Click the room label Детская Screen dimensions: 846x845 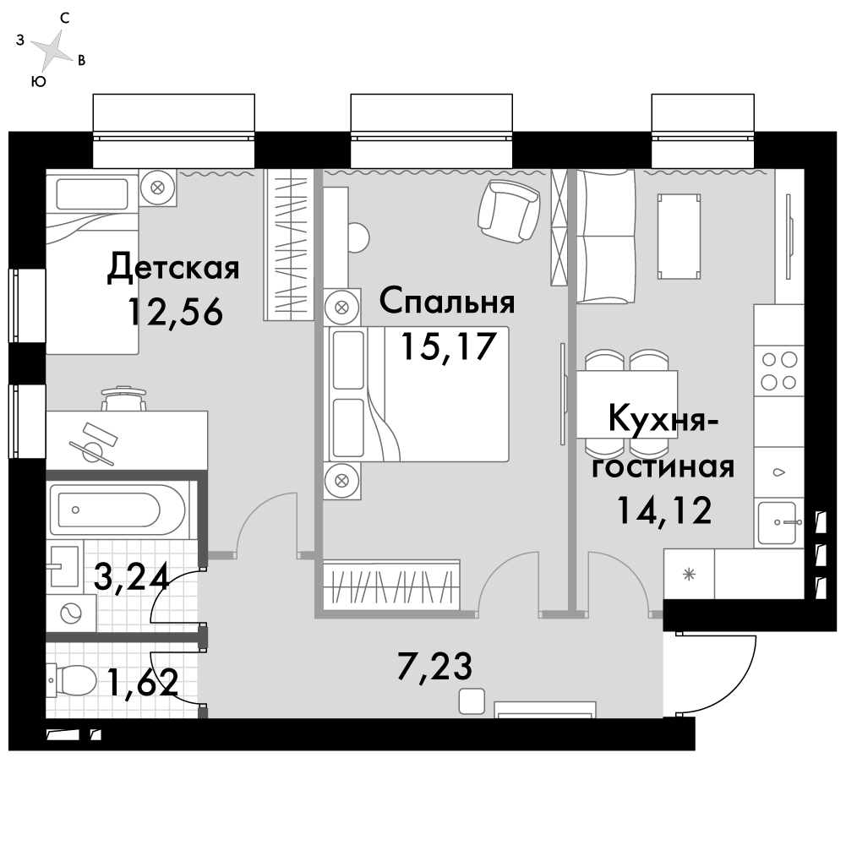(x=173, y=268)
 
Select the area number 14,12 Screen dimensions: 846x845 (x=664, y=510)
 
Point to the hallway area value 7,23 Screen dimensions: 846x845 (x=435, y=667)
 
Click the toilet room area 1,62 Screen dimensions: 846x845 (x=143, y=682)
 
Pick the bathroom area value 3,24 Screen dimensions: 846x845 (x=132, y=576)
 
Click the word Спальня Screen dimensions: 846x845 (x=447, y=302)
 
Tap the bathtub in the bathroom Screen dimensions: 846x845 (x=118, y=510)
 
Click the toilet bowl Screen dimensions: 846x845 (x=73, y=681)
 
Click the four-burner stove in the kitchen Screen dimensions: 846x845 (x=778, y=371)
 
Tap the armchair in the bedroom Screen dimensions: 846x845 (x=509, y=211)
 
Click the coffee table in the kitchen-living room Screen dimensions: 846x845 (x=679, y=237)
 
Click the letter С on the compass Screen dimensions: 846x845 (x=65, y=19)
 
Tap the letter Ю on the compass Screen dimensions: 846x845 (x=39, y=82)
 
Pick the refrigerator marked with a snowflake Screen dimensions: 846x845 (x=689, y=574)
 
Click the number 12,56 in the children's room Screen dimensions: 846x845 (x=174, y=312)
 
